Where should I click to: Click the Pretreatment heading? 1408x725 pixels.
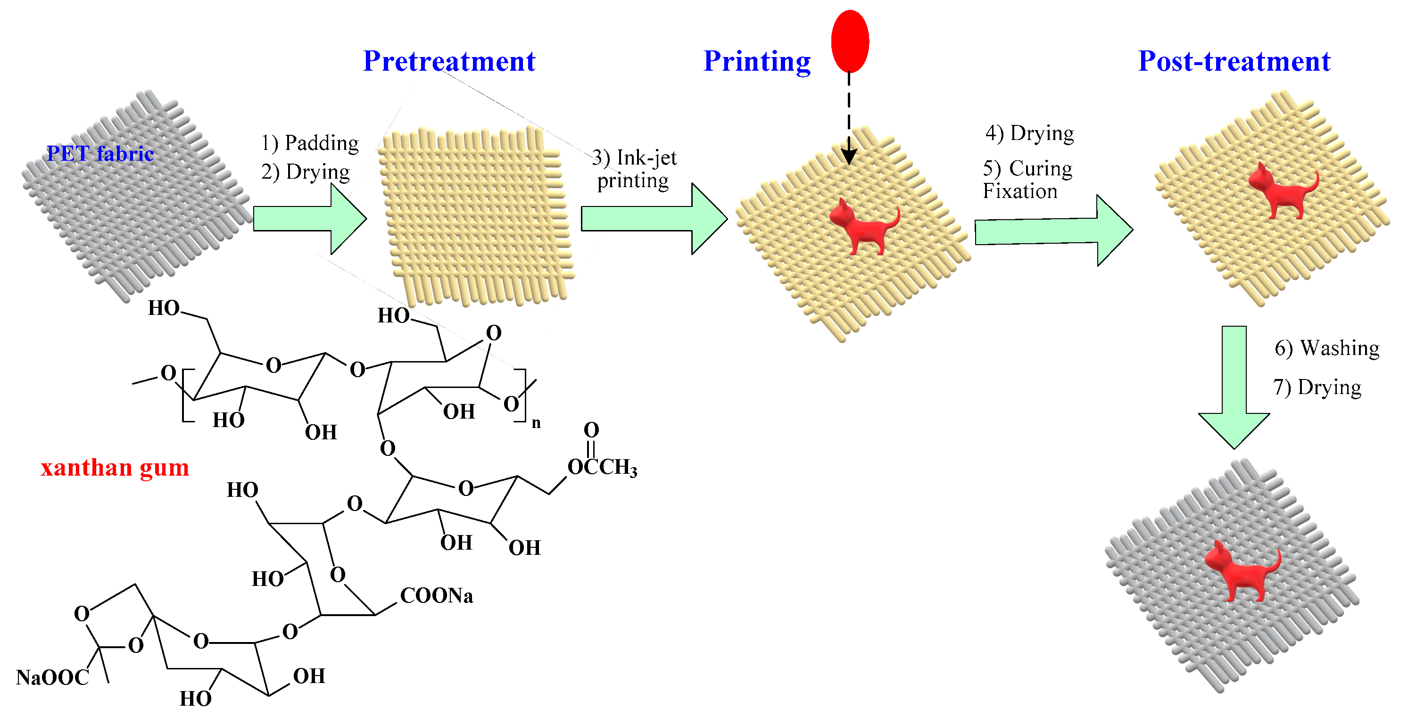pyautogui.click(x=449, y=61)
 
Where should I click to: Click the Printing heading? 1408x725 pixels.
pyautogui.click(x=756, y=61)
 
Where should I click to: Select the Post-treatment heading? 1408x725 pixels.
pyautogui.click(x=1234, y=61)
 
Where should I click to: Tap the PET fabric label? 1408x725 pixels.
pyautogui.click(x=100, y=154)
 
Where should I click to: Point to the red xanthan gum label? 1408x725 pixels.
pyautogui.click(x=115, y=468)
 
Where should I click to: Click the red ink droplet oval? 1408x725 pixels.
pyautogui.click(x=850, y=41)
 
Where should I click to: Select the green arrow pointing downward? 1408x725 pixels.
pyautogui.click(x=1234, y=388)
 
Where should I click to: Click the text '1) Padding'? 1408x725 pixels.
pyautogui.click(x=310, y=143)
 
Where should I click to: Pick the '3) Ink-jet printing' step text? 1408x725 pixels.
pyautogui.click(x=634, y=169)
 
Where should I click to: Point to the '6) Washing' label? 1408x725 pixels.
pyautogui.click(x=1326, y=348)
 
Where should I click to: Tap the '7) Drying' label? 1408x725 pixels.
pyautogui.click(x=1317, y=387)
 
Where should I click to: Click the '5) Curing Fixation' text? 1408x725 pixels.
pyautogui.click(x=1027, y=180)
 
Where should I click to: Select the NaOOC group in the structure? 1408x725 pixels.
pyautogui.click(x=52, y=677)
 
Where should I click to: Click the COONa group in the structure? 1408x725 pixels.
pyautogui.click(x=436, y=595)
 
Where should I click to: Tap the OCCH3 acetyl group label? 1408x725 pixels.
pyautogui.click(x=602, y=467)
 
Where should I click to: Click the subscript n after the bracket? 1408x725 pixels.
pyautogui.click(x=536, y=423)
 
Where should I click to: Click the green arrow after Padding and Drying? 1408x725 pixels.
pyautogui.click(x=310, y=219)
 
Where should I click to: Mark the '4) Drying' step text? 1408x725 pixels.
pyautogui.click(x=1029, y=133)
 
